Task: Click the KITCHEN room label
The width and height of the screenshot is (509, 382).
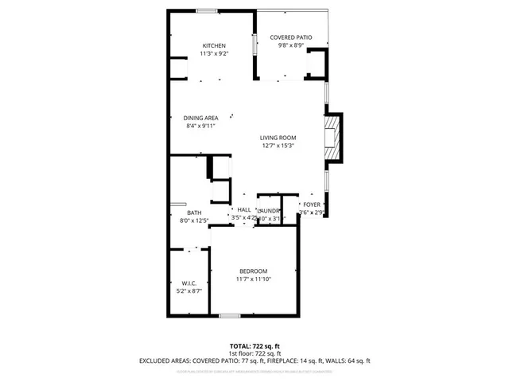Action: (x=214, y=46)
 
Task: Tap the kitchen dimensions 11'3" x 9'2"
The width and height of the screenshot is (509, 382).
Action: (x=214, y=54)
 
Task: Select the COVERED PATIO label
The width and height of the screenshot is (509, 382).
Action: (x=290, y=37)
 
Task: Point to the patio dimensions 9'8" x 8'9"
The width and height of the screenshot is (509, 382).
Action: (x=290, y=45)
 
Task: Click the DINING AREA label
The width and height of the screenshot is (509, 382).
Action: (x=201, y=118)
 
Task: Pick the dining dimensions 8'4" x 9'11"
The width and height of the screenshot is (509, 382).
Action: (x=201, y=126)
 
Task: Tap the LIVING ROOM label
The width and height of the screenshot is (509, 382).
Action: (x=278, y=138)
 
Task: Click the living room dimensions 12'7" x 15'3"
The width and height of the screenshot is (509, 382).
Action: (x=278, y=146)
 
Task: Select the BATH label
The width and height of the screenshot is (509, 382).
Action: (x=194, y=212)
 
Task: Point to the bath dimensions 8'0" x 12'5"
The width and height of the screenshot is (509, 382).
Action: (x=194, y=220)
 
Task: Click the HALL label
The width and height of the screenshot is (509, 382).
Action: (x=244, y=209)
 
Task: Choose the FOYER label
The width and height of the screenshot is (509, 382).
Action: (x=312, y=205)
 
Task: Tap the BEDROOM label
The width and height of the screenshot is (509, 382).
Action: (x=254, y=271)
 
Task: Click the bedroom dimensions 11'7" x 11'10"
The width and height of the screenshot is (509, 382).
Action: (x=254, y=279)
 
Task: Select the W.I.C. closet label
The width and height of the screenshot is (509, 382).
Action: (x=188, y=283)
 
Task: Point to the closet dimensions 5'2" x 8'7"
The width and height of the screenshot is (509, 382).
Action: (x=188, y=291)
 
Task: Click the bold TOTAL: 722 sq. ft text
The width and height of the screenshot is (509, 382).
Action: (x=254, y=346)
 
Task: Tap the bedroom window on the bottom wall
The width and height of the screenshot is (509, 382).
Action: (x=230, y=316)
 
